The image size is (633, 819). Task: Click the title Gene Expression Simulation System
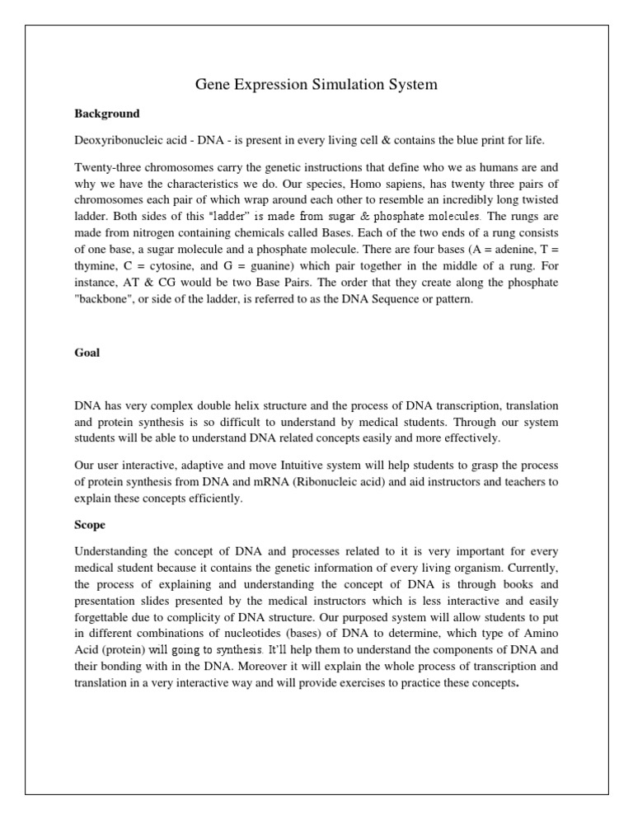[316, 84]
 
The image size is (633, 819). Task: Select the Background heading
[106, 113]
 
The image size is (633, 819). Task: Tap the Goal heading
[87, 352]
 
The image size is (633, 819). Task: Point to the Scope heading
[91, 523]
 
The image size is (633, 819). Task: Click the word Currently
[532, 566]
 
